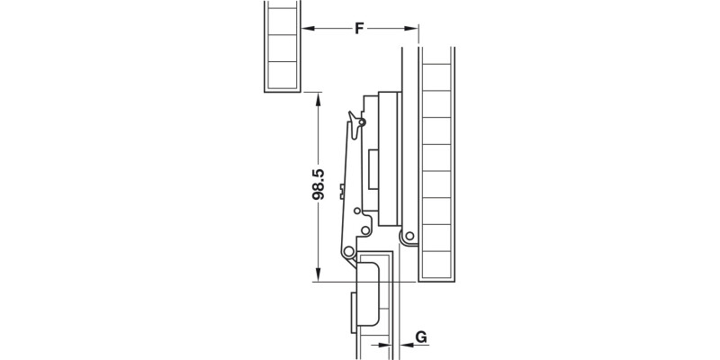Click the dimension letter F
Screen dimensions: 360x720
pyautogui.click(x=358, y=29)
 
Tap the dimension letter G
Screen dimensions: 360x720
pyautogui.click(x=421, y=338)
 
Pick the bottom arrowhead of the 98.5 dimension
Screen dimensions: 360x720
pyautogui.click(x=317, y=275)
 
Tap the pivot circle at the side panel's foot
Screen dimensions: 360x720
pyautogui.click(x=408, y=238)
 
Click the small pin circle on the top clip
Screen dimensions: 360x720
pyautogui.click(x=362, y=121)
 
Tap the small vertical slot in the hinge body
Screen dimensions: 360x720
pyautogui.click(x=373, y=171)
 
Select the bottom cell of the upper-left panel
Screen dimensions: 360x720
pyautogui.click(x=281, y=76)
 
